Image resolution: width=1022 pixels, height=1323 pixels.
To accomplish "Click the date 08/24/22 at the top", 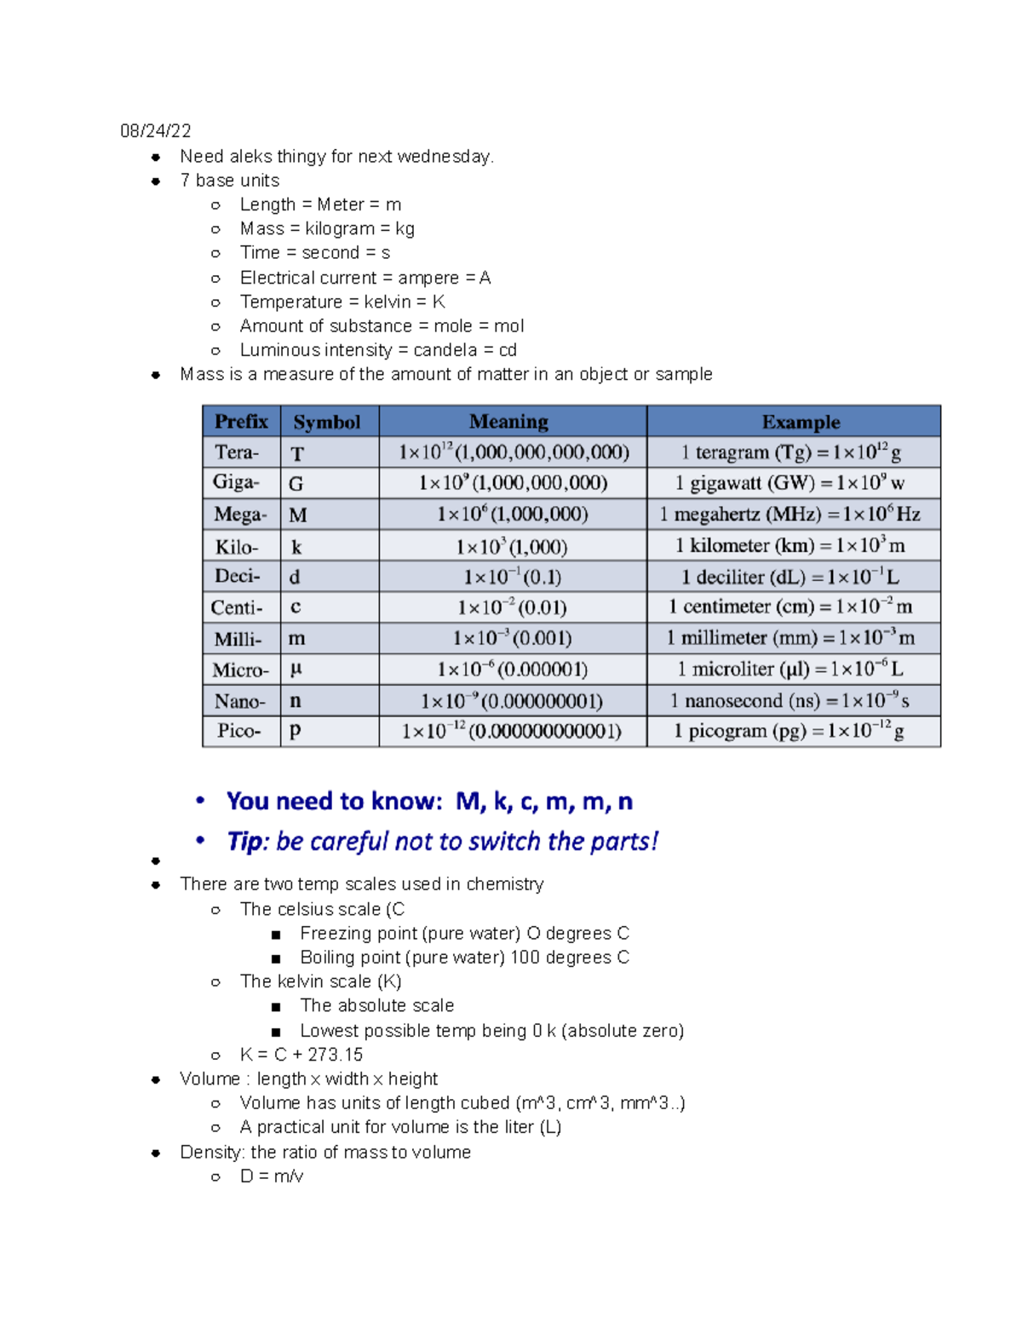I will [155, 131].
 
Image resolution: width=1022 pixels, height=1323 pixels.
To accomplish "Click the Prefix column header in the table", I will [241, 422].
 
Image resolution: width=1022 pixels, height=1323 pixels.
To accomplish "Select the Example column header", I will [800, 422].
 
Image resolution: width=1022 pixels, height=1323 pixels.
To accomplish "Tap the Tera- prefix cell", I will [236, 452].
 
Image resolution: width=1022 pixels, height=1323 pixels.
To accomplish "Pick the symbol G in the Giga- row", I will [296, 484].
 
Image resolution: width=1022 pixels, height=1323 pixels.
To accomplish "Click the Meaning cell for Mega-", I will [512, 515].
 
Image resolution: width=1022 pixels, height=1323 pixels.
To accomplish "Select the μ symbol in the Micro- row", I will [296, 670].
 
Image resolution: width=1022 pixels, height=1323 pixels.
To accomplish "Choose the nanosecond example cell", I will [789, 701].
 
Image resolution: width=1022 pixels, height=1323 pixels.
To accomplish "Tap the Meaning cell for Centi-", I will [512, 607].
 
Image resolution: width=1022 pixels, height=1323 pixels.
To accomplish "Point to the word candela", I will [445, 350].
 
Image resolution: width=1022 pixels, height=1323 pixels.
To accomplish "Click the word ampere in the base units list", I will [428, 278].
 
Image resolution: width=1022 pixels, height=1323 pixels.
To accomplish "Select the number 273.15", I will [335, 1055].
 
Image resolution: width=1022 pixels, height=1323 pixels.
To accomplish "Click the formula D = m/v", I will [271, 1176].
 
